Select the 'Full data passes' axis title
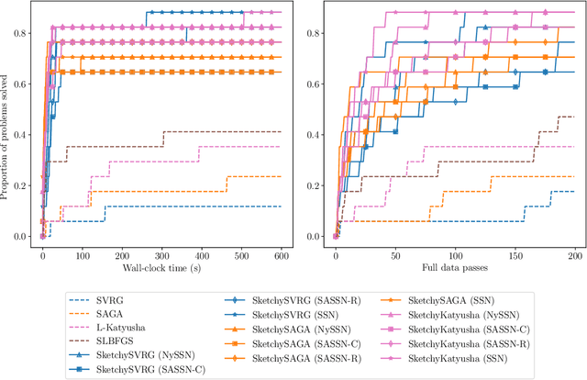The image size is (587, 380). coord(456,266)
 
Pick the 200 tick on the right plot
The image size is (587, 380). coord(574,253)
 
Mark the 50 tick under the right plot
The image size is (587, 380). coord(395,253)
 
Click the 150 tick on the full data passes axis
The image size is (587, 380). coord(515,253)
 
